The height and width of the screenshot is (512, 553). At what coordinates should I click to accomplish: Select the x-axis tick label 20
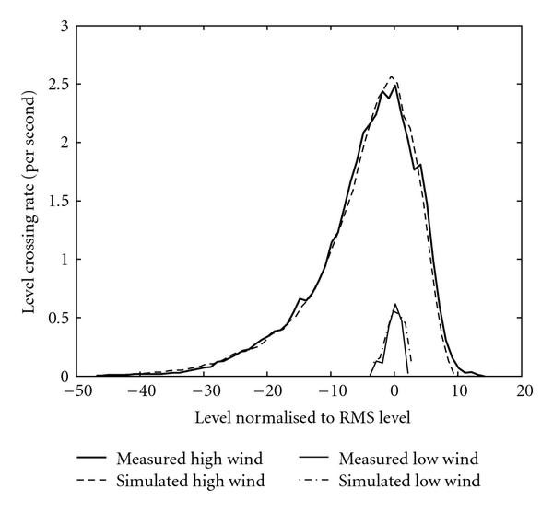point(524,391)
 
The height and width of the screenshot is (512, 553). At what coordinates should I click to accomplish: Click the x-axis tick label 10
point(460,391)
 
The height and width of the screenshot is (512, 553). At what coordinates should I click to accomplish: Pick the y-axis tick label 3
point(63,26)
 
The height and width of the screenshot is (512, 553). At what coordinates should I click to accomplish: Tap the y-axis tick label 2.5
point(57,85)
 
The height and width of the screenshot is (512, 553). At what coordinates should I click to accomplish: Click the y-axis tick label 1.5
point(57,202)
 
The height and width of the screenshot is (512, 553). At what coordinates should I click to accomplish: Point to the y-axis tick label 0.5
point(57,319)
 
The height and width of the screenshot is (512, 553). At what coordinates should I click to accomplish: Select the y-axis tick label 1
point(63,260)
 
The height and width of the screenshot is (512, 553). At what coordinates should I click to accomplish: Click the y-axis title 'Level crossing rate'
point(29,201)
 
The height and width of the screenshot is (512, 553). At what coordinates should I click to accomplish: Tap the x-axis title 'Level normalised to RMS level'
point(302,416)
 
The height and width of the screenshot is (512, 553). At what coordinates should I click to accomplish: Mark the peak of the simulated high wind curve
point(392,76)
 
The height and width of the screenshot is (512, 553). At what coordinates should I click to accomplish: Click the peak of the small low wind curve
point(395,305)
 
